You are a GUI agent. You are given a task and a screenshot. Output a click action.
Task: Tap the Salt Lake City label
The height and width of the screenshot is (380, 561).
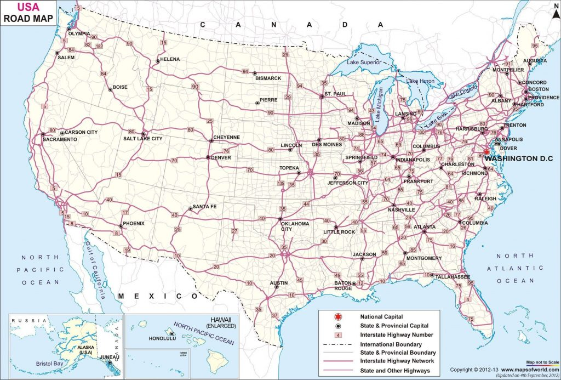[142, 139]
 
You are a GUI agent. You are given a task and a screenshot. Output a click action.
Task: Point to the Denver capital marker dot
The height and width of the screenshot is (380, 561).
[208, 157]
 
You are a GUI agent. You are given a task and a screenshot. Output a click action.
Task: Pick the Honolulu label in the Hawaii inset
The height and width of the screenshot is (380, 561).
[162, 338]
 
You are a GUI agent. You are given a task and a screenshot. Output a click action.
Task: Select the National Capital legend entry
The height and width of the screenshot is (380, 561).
[381, 316]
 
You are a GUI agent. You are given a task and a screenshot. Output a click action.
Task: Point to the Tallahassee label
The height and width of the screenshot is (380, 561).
[453, 277]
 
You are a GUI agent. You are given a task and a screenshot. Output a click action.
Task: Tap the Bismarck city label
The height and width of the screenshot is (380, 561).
[268, 78]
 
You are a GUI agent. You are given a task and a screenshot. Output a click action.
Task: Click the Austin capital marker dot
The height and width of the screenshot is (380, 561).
[277, 287]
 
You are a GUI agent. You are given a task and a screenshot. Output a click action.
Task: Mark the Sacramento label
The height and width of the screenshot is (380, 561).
[60, 140]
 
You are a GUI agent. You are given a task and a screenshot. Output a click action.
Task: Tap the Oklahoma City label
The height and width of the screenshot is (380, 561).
[295, 226]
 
